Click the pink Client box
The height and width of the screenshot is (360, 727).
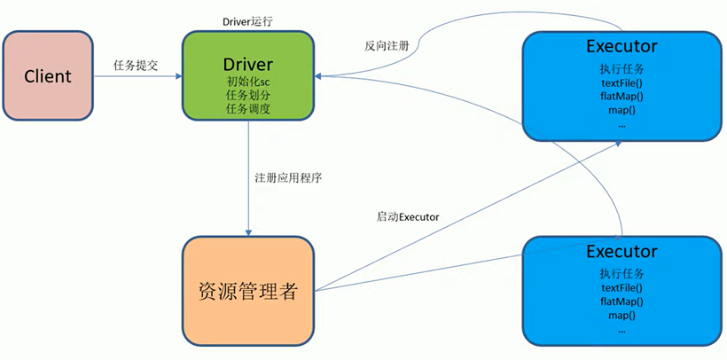pyautogui.click(x=49, y=76)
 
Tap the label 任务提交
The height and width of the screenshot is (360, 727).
pyautogui.click(x=136, y=66)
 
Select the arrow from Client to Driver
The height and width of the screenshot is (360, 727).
pyautogui.click(x=137, y=77)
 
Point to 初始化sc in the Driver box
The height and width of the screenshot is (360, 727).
pyautogui.click(x=248, y=82)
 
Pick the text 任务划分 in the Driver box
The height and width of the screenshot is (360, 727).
pyautogui.click(x=248, y=96)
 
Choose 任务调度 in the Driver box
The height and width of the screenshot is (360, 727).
pyautogui.click(x=248, y=109)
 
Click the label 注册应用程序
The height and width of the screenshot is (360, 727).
pyautogui.click(x=288, y=177)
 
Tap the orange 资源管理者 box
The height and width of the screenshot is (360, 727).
pyautogui.click(x=248, y=290)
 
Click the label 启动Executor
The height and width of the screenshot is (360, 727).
pyautogui.click(x=407, y=216)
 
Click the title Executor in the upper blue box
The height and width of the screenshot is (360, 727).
pyautogui.click(x=621, y=47)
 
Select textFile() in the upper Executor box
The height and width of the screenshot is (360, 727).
pyautogui.click(x=621, y=83)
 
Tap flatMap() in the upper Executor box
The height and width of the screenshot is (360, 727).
pyautogui.click(x=621, y=97)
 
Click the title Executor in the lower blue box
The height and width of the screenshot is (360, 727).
pyautogui.click(x=621, y=251)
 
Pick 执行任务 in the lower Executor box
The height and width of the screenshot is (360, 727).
pyautogui.click(x=621, y=273)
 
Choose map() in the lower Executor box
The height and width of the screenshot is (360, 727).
pyautogui.click(x=621, y=315)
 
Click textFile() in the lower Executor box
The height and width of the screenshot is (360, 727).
pyautogui.click(x=621, y=287)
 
